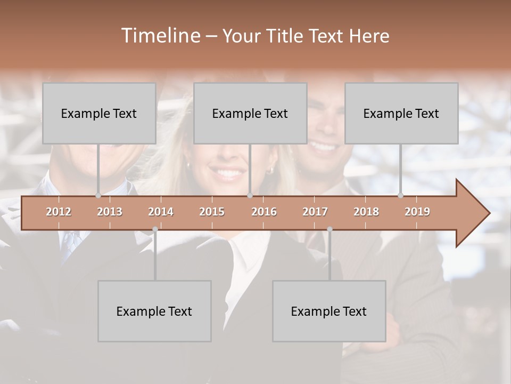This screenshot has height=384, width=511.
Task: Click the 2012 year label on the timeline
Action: [x=59, y=212]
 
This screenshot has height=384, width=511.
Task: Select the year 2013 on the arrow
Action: [x=110, y=212]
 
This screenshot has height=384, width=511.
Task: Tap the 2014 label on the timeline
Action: [x=161, y=212]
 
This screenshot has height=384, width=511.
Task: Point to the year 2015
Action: [x=212, y=212]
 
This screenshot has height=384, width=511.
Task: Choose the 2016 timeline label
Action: [x=264, y=212]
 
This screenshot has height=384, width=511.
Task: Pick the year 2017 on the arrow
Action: [x=315, y=212]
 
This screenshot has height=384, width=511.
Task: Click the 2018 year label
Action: [x=366, y=212]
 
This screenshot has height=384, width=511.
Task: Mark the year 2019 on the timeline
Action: [x=417, y=212]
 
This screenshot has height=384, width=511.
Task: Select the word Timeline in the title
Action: [x=160, y=36]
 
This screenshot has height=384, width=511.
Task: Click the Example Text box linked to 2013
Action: [x=99, y=113]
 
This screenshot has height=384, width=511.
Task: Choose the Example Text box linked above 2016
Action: [x=250, y=113]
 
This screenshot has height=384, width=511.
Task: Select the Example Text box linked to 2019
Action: [x=401, y=113]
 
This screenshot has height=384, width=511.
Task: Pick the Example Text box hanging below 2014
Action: [x=154, y=311]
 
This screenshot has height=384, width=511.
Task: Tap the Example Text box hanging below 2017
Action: [x=329, y=311]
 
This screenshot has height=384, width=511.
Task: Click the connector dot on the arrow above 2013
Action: [x=98, y=196]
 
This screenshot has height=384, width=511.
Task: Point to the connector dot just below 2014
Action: [x=155, y=229]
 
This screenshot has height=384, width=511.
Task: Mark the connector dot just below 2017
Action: [x=329, y=229]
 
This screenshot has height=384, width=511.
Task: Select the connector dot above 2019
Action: [x=400, y=196]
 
